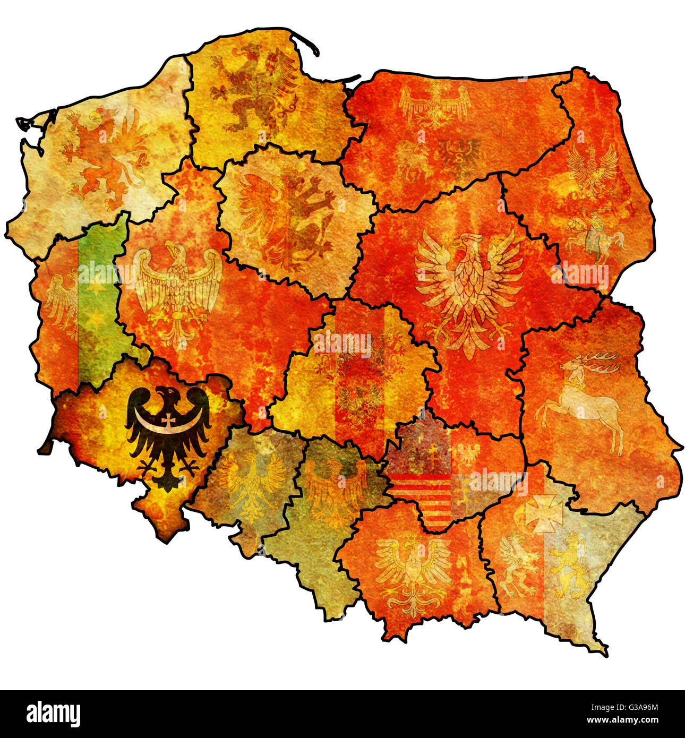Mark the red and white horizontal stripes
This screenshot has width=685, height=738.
(422, 494)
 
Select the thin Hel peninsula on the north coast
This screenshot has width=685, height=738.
(305, 42)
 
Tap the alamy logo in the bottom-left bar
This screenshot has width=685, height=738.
(53, 714)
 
